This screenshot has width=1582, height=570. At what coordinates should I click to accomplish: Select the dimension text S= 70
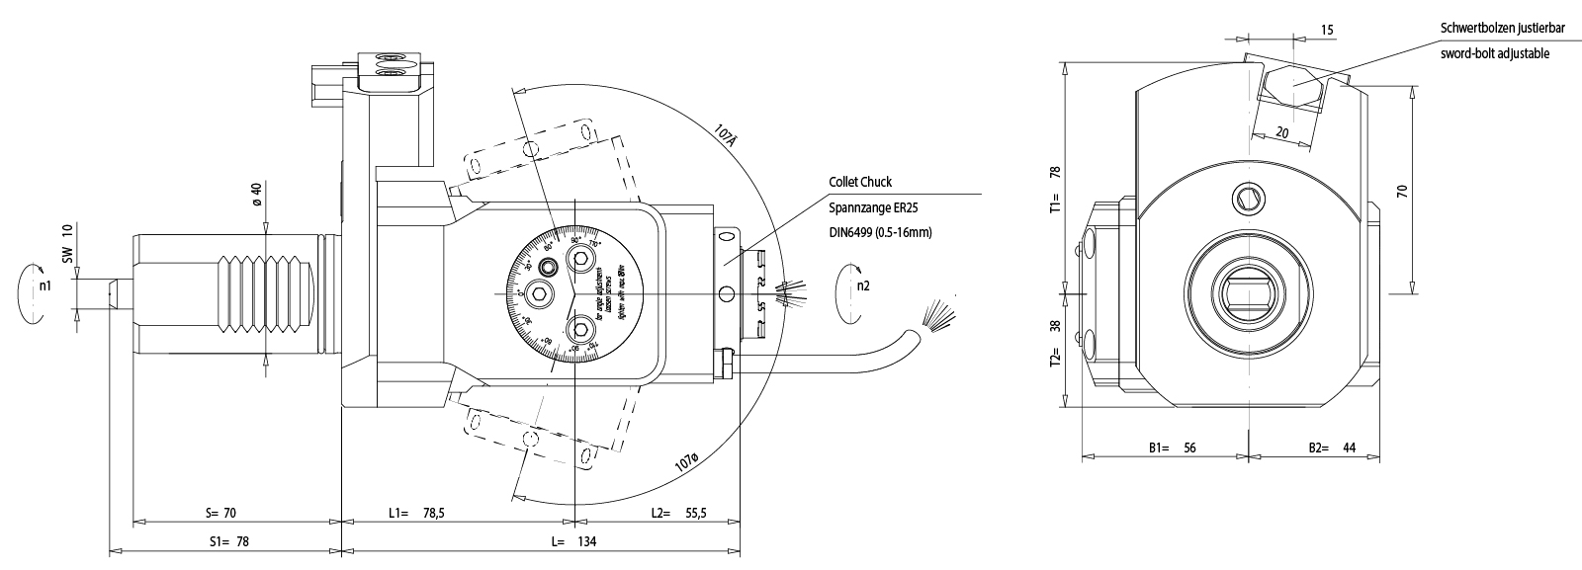[x=222, y=513]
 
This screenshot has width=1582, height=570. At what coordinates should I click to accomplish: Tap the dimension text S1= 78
[x=227, y=541]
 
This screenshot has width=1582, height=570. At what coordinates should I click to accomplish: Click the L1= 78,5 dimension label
[x=416, y=513]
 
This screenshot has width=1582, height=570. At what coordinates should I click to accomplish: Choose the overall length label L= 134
[x=573, y=541]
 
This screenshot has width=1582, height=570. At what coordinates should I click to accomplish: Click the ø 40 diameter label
[x=255, y=195]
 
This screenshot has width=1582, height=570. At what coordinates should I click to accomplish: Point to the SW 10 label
[x=68, y=243]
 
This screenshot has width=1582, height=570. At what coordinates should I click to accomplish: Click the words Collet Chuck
[x=860, y=182]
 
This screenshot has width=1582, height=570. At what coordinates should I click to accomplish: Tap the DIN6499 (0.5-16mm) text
[x=880, y=232]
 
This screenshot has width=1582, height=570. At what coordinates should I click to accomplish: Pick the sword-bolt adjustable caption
[x=1494, y=53]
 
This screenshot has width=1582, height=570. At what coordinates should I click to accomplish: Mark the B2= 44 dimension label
[x=1331, y=448]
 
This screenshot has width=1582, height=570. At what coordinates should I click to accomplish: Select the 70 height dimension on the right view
[x=1401, y=192]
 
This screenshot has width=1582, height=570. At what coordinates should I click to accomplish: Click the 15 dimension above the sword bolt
[x=1327, y=31]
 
